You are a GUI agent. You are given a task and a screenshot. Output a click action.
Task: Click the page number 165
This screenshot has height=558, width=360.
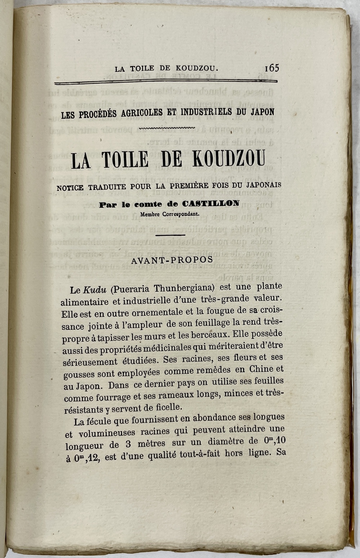tap(272, 68)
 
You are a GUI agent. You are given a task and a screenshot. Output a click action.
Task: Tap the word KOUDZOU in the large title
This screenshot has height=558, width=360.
tap(229, 159)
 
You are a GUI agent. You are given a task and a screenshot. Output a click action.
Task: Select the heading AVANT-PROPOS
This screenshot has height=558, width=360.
tap(172, 260)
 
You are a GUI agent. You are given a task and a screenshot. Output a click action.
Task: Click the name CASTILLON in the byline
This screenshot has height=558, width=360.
tap(211, 203)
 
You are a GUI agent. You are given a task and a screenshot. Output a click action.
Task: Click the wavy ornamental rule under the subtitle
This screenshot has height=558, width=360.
tap(167, 128)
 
